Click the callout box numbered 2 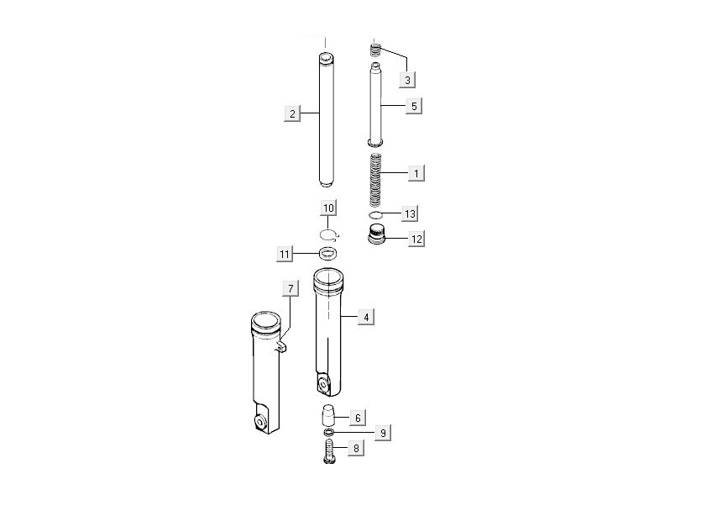292,113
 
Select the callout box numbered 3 407,80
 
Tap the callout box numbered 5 414,106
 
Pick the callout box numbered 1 416,173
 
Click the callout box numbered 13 410,214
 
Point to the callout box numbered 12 416,239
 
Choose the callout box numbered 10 328,208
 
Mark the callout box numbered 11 285,253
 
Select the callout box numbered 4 365,317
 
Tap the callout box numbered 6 357,417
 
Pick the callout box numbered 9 382,433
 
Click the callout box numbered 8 356,449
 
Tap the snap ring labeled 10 328,234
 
